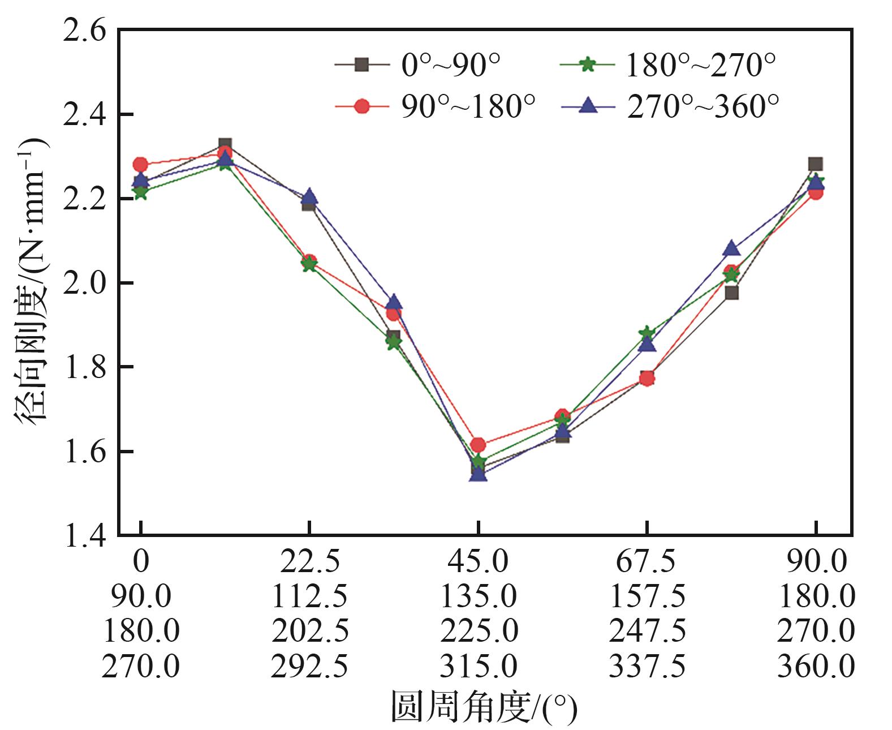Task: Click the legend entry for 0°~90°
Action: coord(419,65)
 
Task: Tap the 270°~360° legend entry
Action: coord(671,106)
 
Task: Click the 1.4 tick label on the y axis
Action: coord(85,536)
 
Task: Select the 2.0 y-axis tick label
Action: coord(85,283)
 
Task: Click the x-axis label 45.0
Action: coord(478,561)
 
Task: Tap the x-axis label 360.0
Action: coord(816,666)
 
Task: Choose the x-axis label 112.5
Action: coord(309,596)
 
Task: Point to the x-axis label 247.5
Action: coord(647,631)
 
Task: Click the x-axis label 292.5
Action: coord(309,666)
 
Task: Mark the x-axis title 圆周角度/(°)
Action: coord(484,706)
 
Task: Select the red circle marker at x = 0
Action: coord(140,165)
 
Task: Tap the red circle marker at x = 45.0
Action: coord(478,445)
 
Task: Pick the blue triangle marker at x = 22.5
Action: coord(309,197)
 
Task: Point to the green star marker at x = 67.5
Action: coord(647,333)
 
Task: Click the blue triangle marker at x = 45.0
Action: coord(478,474)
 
